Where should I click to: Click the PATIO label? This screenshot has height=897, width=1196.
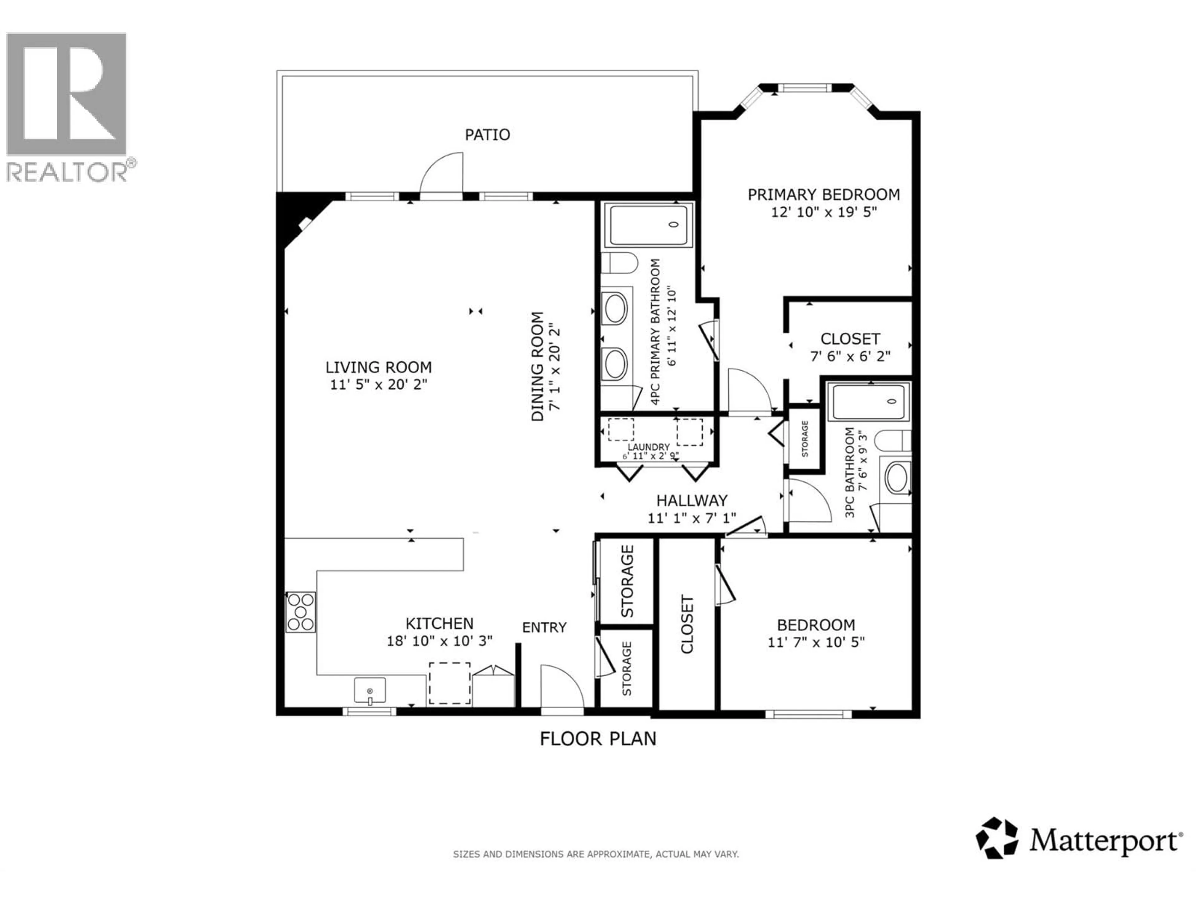tap(487, 135)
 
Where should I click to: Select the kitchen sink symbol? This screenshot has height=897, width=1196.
tap(370, 691)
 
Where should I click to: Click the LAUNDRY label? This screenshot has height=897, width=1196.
tap(648, 447)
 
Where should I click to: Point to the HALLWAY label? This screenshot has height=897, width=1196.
tap(691, 501)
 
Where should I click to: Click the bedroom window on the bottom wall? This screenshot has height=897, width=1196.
tap(808, 714)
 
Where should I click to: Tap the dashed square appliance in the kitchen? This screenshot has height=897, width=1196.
tap(449, 683)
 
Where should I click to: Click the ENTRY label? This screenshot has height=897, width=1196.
tap(544, 627)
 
